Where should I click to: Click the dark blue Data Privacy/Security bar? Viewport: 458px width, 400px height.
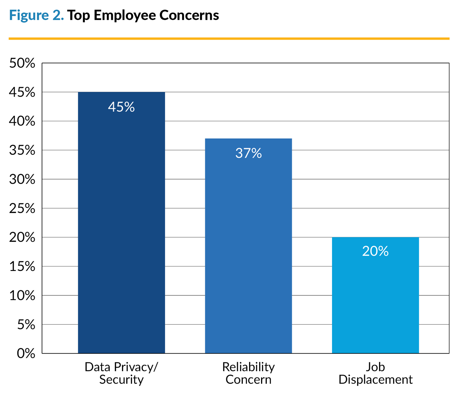point(121,229)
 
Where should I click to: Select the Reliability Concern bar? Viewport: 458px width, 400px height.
point(248,252)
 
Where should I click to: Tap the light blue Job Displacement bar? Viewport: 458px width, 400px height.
point(375,301)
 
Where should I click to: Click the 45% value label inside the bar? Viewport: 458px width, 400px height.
point(121,107)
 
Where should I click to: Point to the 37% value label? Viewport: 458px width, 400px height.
point(248,153)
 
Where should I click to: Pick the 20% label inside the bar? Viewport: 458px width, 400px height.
point(375,251)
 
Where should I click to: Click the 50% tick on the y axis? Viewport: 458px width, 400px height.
point(22,63)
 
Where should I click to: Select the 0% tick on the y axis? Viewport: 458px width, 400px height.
point(26,354)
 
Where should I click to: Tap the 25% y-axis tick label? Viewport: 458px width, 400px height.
point(22,208)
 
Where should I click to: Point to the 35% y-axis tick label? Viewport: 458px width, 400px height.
point(22,150)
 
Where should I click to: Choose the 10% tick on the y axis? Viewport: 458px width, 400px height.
point(22,295)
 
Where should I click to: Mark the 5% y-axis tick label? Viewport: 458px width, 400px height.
point(26,325)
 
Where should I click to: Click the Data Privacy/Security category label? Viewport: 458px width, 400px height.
point(121,373)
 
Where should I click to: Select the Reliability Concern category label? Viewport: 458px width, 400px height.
point(248,373)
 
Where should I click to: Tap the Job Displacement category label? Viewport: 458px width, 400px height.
point(375,373)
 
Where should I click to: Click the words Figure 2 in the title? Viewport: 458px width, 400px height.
point(36,15)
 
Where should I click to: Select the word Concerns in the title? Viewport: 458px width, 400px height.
point(189,15)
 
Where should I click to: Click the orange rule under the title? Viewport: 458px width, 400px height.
point(229,38)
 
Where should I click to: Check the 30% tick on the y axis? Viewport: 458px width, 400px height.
point(22,179)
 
